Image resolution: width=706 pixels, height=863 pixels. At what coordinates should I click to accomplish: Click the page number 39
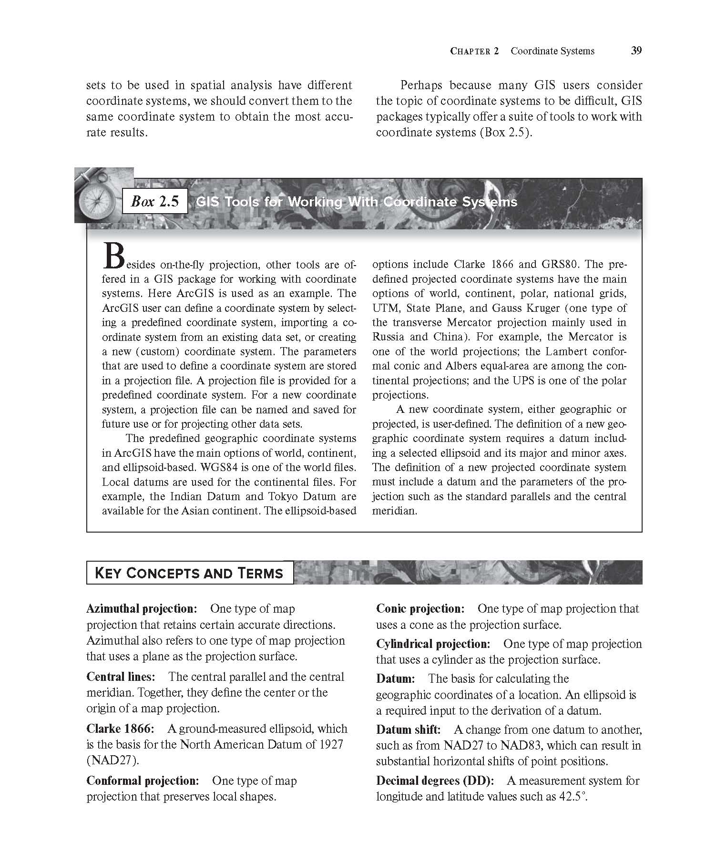636,51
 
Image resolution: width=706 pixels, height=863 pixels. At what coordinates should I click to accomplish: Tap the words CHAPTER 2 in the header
474,51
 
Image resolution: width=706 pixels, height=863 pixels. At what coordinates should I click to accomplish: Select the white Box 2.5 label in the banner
154,202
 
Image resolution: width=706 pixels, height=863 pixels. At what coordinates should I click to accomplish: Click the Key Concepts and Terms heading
189,573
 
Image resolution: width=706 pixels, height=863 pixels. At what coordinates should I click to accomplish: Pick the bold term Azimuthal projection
142,609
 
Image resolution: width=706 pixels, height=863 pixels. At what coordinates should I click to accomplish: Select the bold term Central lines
121,677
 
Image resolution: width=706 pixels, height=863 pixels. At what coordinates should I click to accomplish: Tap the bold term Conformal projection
142,781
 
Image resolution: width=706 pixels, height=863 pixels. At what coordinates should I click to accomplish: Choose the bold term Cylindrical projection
433,644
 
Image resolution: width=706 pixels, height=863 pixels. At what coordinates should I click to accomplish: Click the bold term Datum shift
408,729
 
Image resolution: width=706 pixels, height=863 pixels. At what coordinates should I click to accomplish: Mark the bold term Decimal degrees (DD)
435,781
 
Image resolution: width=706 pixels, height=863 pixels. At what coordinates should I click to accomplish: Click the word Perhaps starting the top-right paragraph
421,85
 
